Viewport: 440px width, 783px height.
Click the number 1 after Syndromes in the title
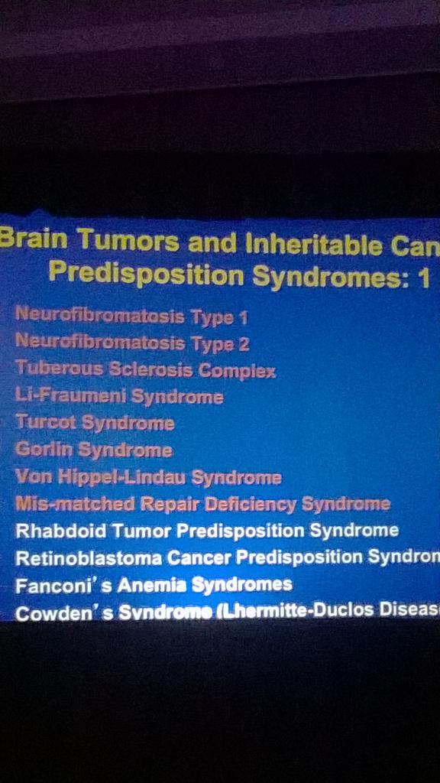click(x=424, y=279)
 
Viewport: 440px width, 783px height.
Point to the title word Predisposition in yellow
click(x=146, y=274)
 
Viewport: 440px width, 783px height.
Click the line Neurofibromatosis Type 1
click(x=131, y=316)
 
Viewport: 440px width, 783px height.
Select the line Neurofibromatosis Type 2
click(x=132, y=343)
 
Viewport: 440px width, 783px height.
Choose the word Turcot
click(x=45, y=422)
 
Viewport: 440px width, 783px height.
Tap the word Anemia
click(x=150, y=585)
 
